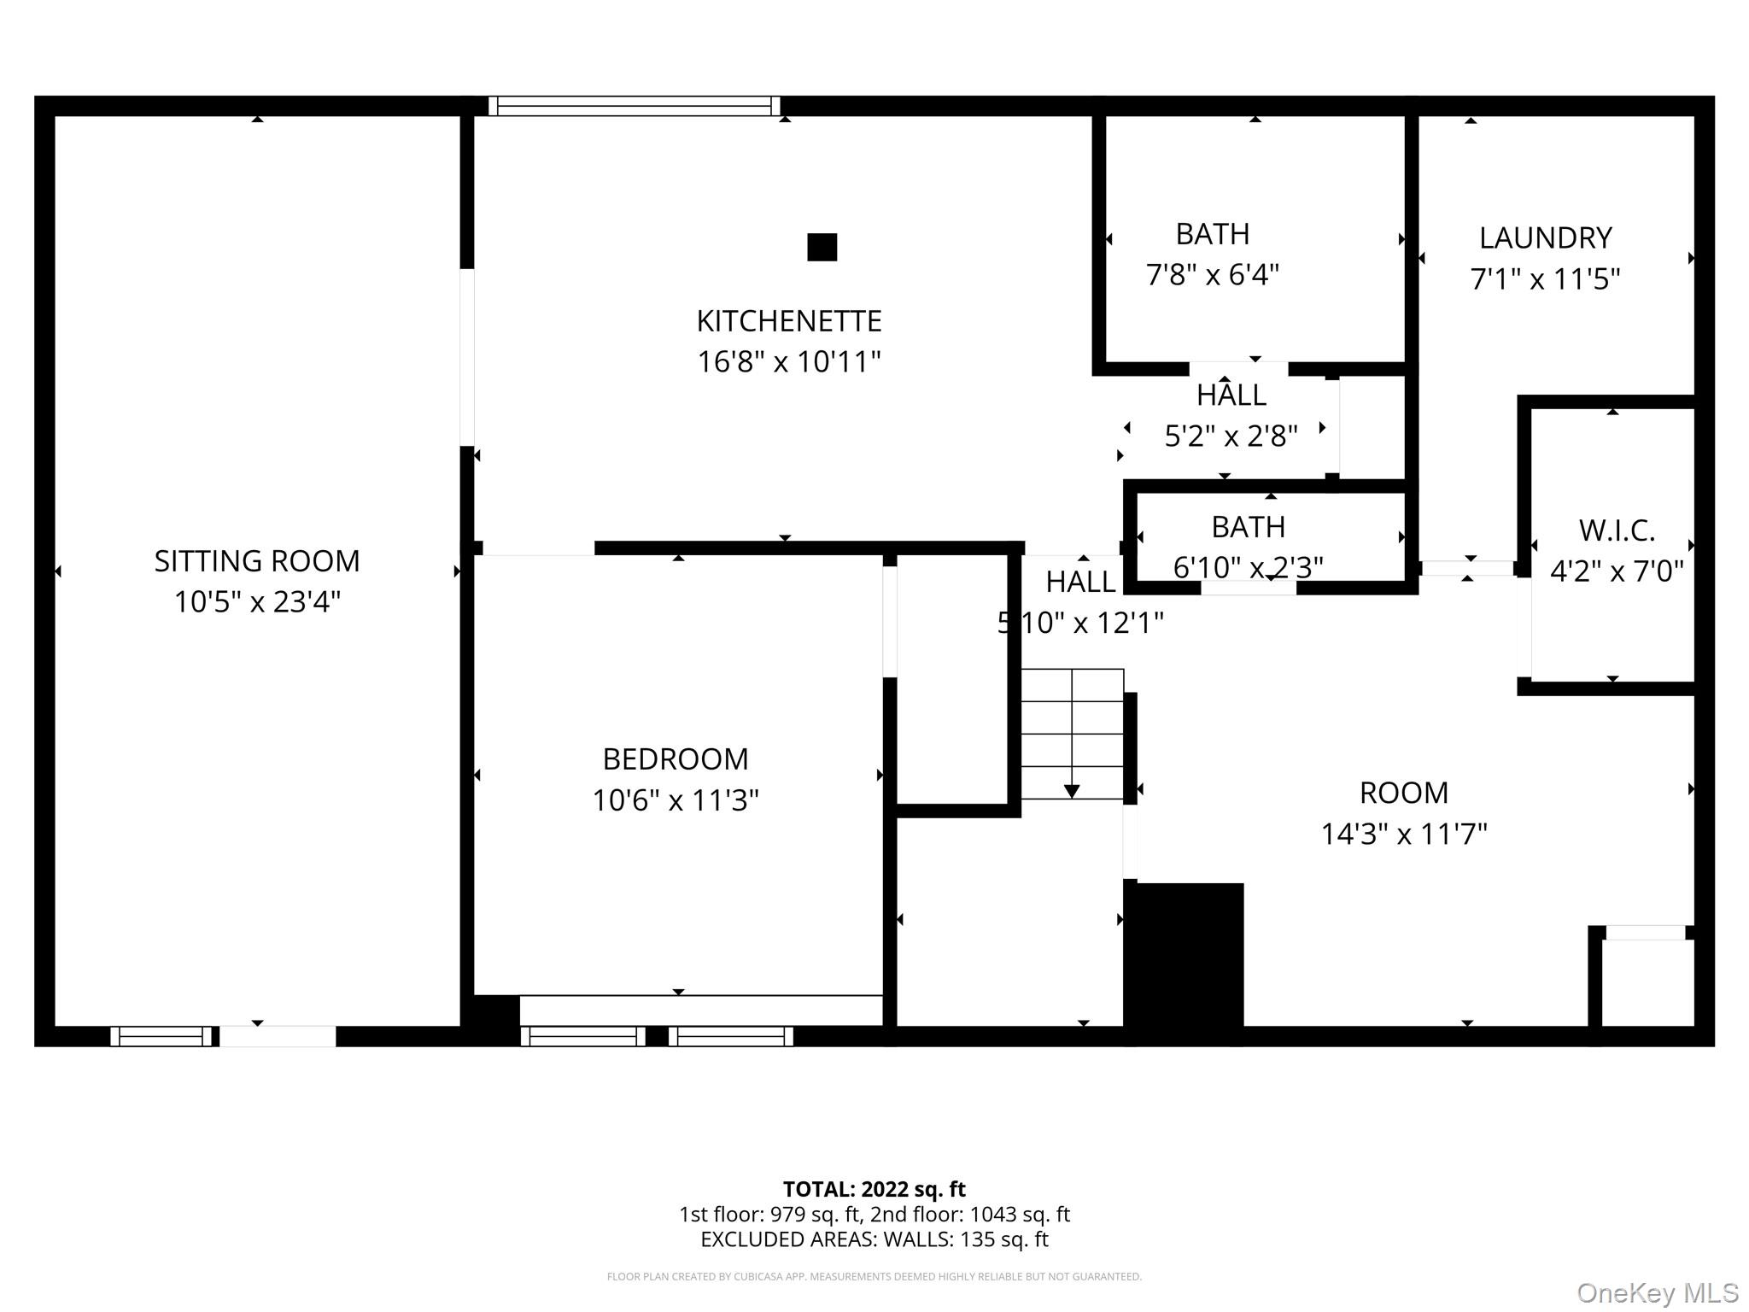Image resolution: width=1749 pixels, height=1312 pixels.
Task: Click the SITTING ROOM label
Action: pyautogui.click(x=257, y=561)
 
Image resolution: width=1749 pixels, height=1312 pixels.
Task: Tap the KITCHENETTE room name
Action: pyautogui.click(x=789, y=321)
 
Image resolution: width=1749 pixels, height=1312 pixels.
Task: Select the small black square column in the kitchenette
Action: pyautogui.click(x=822, y=247)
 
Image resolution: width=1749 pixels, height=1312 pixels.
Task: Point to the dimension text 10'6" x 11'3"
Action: pyautogui.click(x=676, y=800)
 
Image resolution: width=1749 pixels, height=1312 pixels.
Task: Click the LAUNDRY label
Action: pyautogui.click(x=1545, y=237)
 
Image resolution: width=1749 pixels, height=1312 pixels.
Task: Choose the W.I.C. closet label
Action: pyautogui.click(x=1617, y=530)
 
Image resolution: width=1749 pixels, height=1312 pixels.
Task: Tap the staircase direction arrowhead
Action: pyautogui.click(x=1072, y=792)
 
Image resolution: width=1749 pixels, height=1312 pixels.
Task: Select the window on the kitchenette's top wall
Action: pyautogui.click(x=634, y=106)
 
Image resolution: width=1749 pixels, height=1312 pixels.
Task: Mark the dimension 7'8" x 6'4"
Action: pyautogui.click(x=1212, y=275)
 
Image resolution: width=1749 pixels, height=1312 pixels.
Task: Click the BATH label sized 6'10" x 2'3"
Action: pyautogui.click(x=1248, y=527)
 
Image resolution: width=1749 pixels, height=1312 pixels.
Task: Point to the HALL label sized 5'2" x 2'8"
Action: pyautogui.click(x=1231, y=395)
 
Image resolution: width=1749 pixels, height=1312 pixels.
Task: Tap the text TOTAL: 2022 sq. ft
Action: pyautogui.click(x=874, y=1189)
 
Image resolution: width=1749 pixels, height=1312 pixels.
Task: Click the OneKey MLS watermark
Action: pyautogui.click(x=1657, y=1293)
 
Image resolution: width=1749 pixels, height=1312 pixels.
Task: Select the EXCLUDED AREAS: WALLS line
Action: pyautogui.click(x=874, y=1239)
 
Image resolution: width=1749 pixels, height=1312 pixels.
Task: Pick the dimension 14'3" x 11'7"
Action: pyautogui.click(x=1404, y=834)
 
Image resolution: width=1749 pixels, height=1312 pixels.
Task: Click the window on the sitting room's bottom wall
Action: pyautogui.click(x=161, y=1036)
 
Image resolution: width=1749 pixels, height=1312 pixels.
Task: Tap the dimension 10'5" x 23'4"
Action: pyautogui.click(x=257, y=602)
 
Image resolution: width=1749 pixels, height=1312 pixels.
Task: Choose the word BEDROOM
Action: pyautogui.click(x=676, y=758)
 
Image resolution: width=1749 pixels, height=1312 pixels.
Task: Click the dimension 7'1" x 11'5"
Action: pyautogui.click(x=1545, y=279)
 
